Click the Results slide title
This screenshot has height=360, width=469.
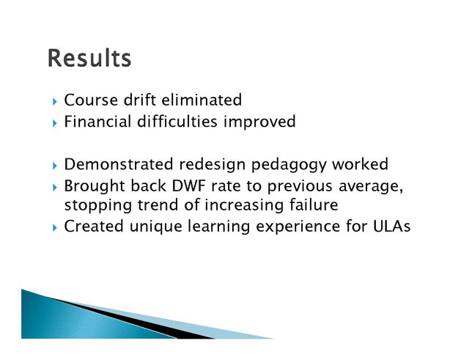point(89,58)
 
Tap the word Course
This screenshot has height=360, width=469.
point(91,100)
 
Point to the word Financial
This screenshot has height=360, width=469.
point(97,122)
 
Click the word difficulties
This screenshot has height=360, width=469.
point(177,122)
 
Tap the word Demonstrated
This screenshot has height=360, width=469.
point(119,164)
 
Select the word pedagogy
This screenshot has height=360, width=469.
point(289,165)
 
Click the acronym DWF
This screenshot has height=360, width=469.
point(189,186)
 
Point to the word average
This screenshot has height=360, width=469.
point(371,187)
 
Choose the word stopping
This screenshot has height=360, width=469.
point(97,206)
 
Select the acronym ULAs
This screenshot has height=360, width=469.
point(391,227)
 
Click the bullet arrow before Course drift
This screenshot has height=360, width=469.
point(54,102)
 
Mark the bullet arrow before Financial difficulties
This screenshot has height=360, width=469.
point(54,123)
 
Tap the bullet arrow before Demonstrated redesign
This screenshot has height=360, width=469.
point(54,166)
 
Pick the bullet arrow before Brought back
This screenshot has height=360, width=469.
point(54,188)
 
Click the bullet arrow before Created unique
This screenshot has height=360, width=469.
point(54,228)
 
